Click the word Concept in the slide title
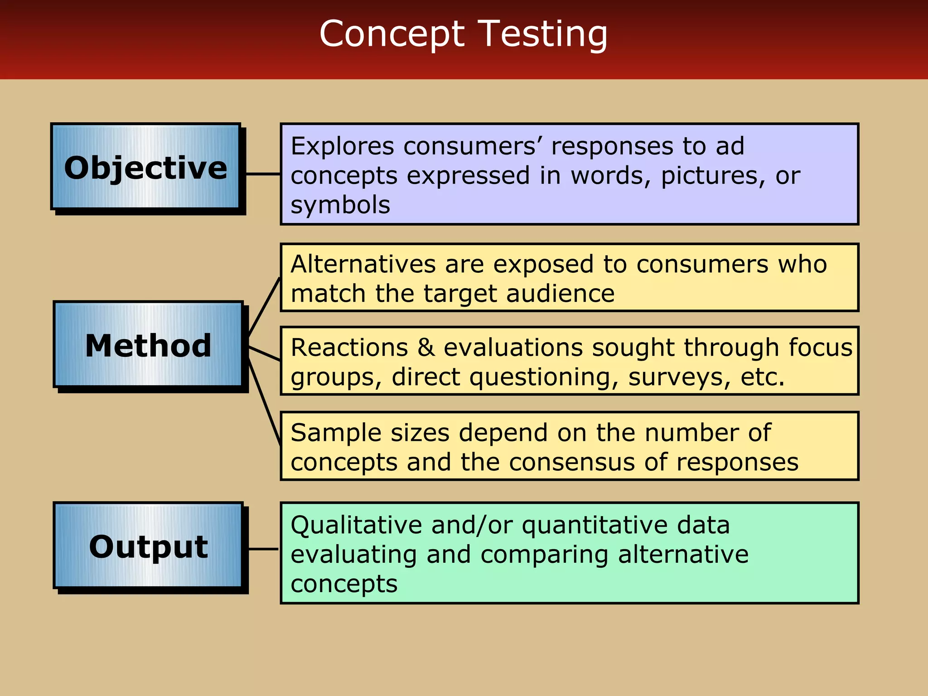coord(392,34)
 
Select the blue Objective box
coord(145,167)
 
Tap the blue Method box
coord(148,345)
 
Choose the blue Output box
coord(148,546)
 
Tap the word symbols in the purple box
coord(340,205)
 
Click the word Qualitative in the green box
coord(357,525)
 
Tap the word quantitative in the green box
coord(594,525)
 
